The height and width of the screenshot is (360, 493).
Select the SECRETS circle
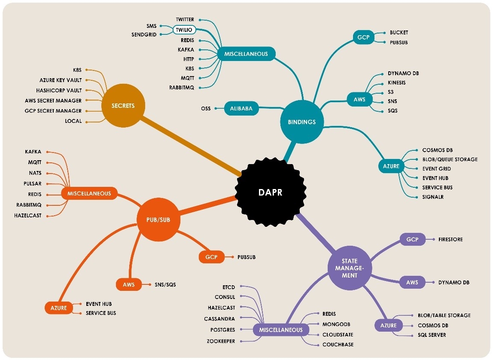[x=123, y=106]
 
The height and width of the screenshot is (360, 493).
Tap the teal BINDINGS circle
[x=301, y=122]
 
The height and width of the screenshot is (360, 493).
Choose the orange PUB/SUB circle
[x=158, y=220]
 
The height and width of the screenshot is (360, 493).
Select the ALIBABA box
[x=241, y=109]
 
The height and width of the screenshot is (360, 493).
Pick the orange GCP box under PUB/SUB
[x=211, y=257]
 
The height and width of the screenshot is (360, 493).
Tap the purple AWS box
[x=412, y=282]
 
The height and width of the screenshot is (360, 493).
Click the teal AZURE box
[x=391, y=166]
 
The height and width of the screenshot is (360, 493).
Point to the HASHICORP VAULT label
[x=59, y=91]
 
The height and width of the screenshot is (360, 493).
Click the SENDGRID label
[x=144, y=34]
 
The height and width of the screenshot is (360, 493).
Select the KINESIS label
[x=396, y=82]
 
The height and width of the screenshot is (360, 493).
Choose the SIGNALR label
[x=433, y=197]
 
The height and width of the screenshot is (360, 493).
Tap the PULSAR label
[x=33, y=184]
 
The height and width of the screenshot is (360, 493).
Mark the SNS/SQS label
[x=165, y=284]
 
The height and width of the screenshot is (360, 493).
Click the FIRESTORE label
[x=450, y=239]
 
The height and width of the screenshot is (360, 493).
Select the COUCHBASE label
[x=338, y=345]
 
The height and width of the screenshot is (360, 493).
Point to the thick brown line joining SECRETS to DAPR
[x=191, y=146]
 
